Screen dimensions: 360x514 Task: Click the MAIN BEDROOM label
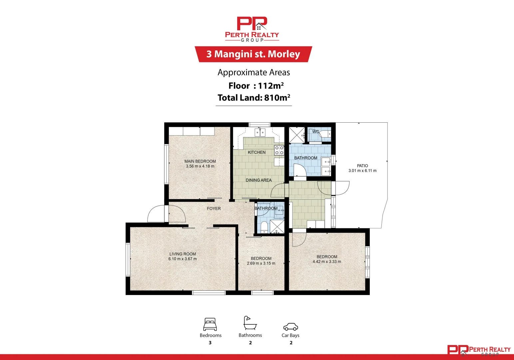point(200,161)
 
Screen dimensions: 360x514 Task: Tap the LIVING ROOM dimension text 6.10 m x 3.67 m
point(183,259)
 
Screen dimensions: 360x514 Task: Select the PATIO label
point(362,166)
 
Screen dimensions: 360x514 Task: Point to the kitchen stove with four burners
point(279,150)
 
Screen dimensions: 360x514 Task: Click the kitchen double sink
point(260,132)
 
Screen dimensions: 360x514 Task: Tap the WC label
point(315,132)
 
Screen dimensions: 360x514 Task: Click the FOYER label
point(214,209)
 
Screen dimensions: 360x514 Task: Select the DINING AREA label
point(258,180)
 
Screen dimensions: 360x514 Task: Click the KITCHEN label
point(257,152)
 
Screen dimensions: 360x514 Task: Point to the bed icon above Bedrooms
point(210,324)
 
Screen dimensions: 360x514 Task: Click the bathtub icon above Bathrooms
point(250,323)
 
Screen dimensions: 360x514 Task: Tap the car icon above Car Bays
point(290,326)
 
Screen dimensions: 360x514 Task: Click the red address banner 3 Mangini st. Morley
point(253,54)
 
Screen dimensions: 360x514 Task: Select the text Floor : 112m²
point(256,86)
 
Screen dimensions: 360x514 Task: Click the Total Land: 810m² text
point(254,98)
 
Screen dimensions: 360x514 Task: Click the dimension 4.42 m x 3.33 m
point(327,262)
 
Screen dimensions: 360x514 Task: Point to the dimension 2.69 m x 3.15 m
point(261,263)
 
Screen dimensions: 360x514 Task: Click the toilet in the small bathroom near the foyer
point(264,227)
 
